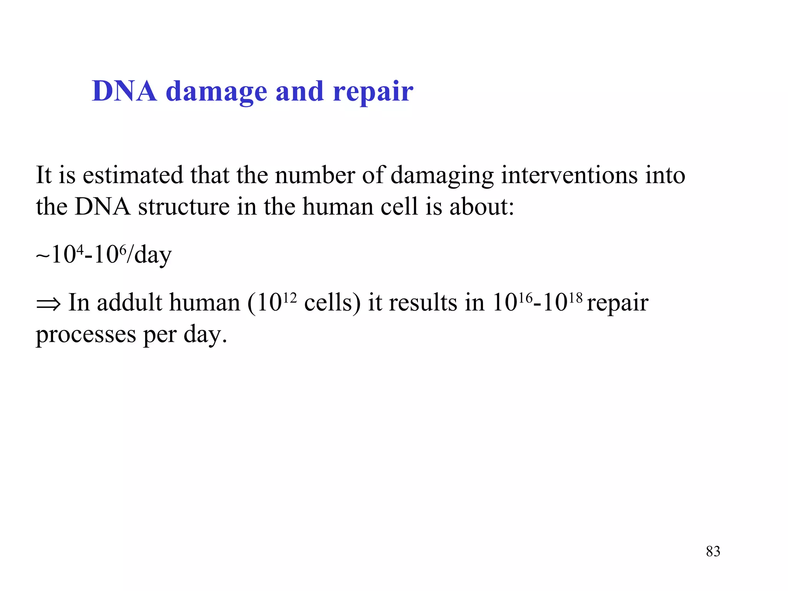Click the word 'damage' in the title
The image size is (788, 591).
click(x=216, y=92)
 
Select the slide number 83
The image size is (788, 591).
click(x=713, y=551)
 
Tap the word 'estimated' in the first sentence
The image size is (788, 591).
click(x=133, y=175)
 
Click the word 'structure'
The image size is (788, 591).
click(x=184, y=207)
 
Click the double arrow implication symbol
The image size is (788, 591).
click(x=48, y=304)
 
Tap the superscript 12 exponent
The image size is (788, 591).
click(x=290, y=297)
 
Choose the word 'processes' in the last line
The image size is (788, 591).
click(x=86, y=335)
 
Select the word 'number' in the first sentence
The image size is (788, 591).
click(x=315, y=175)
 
